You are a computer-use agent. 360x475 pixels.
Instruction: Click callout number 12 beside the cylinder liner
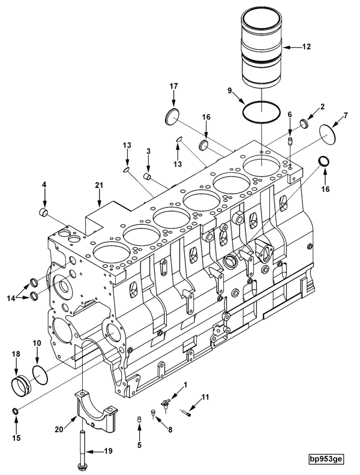(x=306, y=46)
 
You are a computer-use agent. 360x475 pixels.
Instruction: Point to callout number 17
(x=173, y=87)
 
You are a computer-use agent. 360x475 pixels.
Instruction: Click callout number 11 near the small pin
(x=205, y=396)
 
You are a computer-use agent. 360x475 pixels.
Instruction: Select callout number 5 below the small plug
(x=139, y=445)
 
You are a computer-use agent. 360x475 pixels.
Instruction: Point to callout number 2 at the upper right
(x=322, y=107)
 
